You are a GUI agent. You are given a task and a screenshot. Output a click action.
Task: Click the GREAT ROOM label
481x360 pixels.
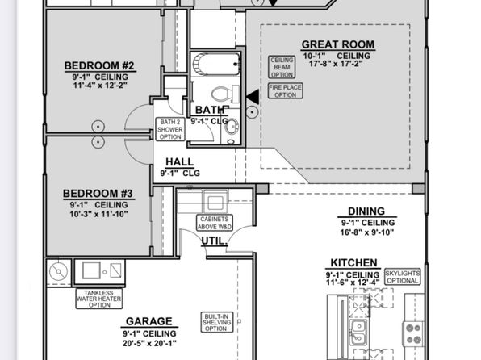[x=338, y=45]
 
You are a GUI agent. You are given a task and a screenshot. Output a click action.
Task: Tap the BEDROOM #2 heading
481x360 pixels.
[x=99, y=65]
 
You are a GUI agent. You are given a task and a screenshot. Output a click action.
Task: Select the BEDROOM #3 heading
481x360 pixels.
[x=98, y=194]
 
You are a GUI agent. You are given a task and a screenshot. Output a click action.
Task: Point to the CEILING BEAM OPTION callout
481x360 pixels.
[x=282, y=67]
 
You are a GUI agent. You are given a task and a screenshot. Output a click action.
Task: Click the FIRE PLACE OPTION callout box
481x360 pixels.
[x=285, y=91]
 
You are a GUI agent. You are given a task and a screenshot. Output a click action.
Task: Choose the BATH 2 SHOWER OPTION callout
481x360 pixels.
[x=170, y=129]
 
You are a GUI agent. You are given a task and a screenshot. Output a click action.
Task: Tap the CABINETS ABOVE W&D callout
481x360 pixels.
[x=215, y=223]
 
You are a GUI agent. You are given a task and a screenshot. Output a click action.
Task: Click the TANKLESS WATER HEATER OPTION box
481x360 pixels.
[x=98, y=299]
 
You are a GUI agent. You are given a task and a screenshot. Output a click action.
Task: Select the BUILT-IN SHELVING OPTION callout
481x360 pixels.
[x=217, y=322]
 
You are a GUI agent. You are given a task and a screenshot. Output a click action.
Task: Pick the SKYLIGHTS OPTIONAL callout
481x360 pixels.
[x=403, y=277]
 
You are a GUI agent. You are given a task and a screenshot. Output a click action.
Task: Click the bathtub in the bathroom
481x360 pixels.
[x=216, y=64]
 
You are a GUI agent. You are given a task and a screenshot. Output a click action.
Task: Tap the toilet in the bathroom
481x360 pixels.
[x=225, y=94]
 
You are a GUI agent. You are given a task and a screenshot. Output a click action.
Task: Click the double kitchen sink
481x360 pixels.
[x=358, y=333]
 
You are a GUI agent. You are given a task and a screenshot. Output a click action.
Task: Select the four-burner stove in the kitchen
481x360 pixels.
[x=413, y=334]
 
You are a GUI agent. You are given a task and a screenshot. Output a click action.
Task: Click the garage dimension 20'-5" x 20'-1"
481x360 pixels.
[x=149, y=343]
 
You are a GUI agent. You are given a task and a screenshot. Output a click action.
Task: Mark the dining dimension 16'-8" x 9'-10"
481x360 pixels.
[x=367, y=232]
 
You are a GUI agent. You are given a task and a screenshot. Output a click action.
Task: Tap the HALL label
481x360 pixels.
[x=179, y=162]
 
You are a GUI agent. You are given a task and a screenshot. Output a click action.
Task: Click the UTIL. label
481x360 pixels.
[x=214, y=241]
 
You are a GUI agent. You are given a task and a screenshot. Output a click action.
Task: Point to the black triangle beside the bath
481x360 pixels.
[x=253, y=97]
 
